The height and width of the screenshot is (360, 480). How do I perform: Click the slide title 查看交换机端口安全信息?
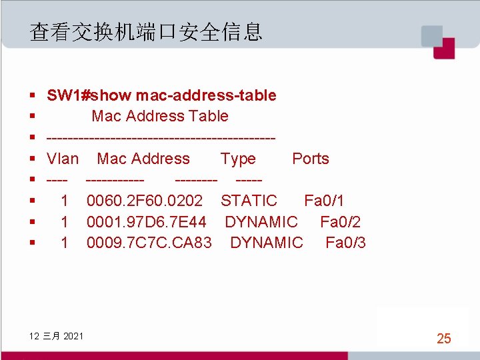point(146,31)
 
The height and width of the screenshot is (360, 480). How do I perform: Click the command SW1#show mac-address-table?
point(161,95)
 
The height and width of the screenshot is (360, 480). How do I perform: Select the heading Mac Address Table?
point(160,116)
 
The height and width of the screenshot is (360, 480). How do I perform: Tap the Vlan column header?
point(63,159)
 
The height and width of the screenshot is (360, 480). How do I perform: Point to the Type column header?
point(238,159)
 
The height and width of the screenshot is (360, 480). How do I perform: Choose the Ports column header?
point(311,159)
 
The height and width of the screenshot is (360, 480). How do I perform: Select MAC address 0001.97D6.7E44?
point(147,222)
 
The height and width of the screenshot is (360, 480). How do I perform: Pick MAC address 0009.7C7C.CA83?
point(149,243)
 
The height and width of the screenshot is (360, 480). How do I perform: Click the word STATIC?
point(249,201)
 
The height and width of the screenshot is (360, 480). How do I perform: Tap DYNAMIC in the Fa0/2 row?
point(261,222)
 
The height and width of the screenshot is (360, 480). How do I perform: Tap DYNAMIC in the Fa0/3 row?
point(267,243)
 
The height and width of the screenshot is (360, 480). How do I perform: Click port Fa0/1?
point(324,201)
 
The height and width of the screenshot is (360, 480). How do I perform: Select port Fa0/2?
point(340,222)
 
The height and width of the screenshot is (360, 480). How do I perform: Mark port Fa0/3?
point(345,243)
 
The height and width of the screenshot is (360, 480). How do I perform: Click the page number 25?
point(444,339)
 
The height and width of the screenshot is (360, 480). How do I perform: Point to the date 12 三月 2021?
point(57,335)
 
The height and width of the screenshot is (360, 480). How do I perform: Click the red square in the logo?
point(443,48)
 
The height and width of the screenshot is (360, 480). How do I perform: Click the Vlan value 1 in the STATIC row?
point(65,201)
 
